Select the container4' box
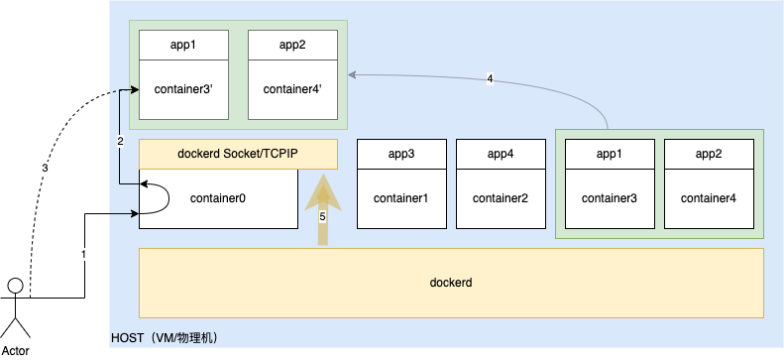(292, 89)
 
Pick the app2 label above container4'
(292, 45)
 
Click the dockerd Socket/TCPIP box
(238, 154)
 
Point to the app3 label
(401, 154)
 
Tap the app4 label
(501, 154)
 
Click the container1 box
(401, 198)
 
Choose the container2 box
(501, 198)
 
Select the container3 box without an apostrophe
(610, 198)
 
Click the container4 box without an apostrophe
(709, 198)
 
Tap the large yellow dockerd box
(451, 283)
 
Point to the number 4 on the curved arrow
(490, 78)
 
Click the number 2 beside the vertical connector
(120, 141)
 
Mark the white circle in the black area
(15, 286)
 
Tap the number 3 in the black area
(45, 169)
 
